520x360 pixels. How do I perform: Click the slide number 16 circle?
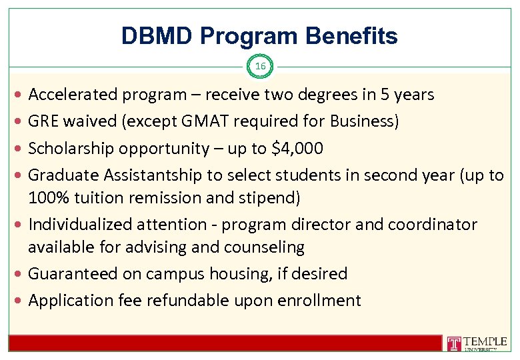pos(260,66)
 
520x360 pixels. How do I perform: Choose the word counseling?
pos(265,247)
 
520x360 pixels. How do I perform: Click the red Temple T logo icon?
pos(455,344)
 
